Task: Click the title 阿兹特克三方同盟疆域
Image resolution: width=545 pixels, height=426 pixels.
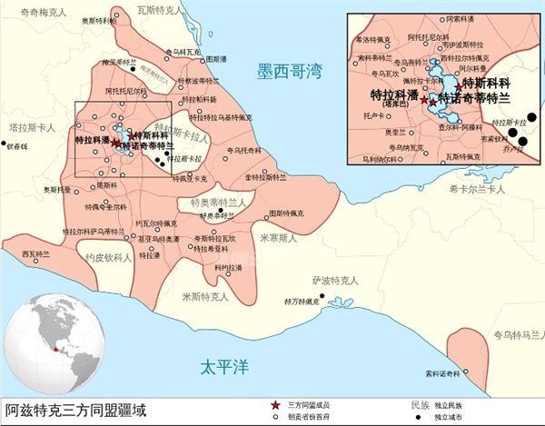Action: pyautogui.click(x=74, y=410)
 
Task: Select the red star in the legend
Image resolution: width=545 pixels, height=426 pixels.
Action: pyautogui.click(x=275, y=403)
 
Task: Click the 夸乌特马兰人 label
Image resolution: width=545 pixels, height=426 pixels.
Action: pyautogui.click(x=516, y=335)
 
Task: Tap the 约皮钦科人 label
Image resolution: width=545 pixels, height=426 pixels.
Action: pyautogui.click(x=108, y=258)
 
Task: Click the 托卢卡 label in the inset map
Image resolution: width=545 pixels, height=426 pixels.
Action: pyautogui.click(x=368, y=116)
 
